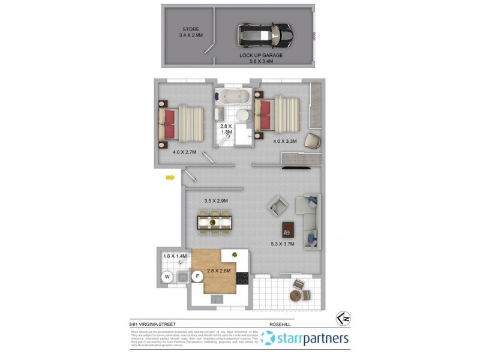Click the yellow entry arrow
coord(170,177)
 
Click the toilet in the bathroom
coord(242,115)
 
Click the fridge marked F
coord(196,276)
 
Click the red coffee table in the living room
coord(288,229)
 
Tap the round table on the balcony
coord(296,295)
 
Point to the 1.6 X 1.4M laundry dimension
coord(175,257)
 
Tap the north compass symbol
coord(342,316)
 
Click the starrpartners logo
coord(305,339)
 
